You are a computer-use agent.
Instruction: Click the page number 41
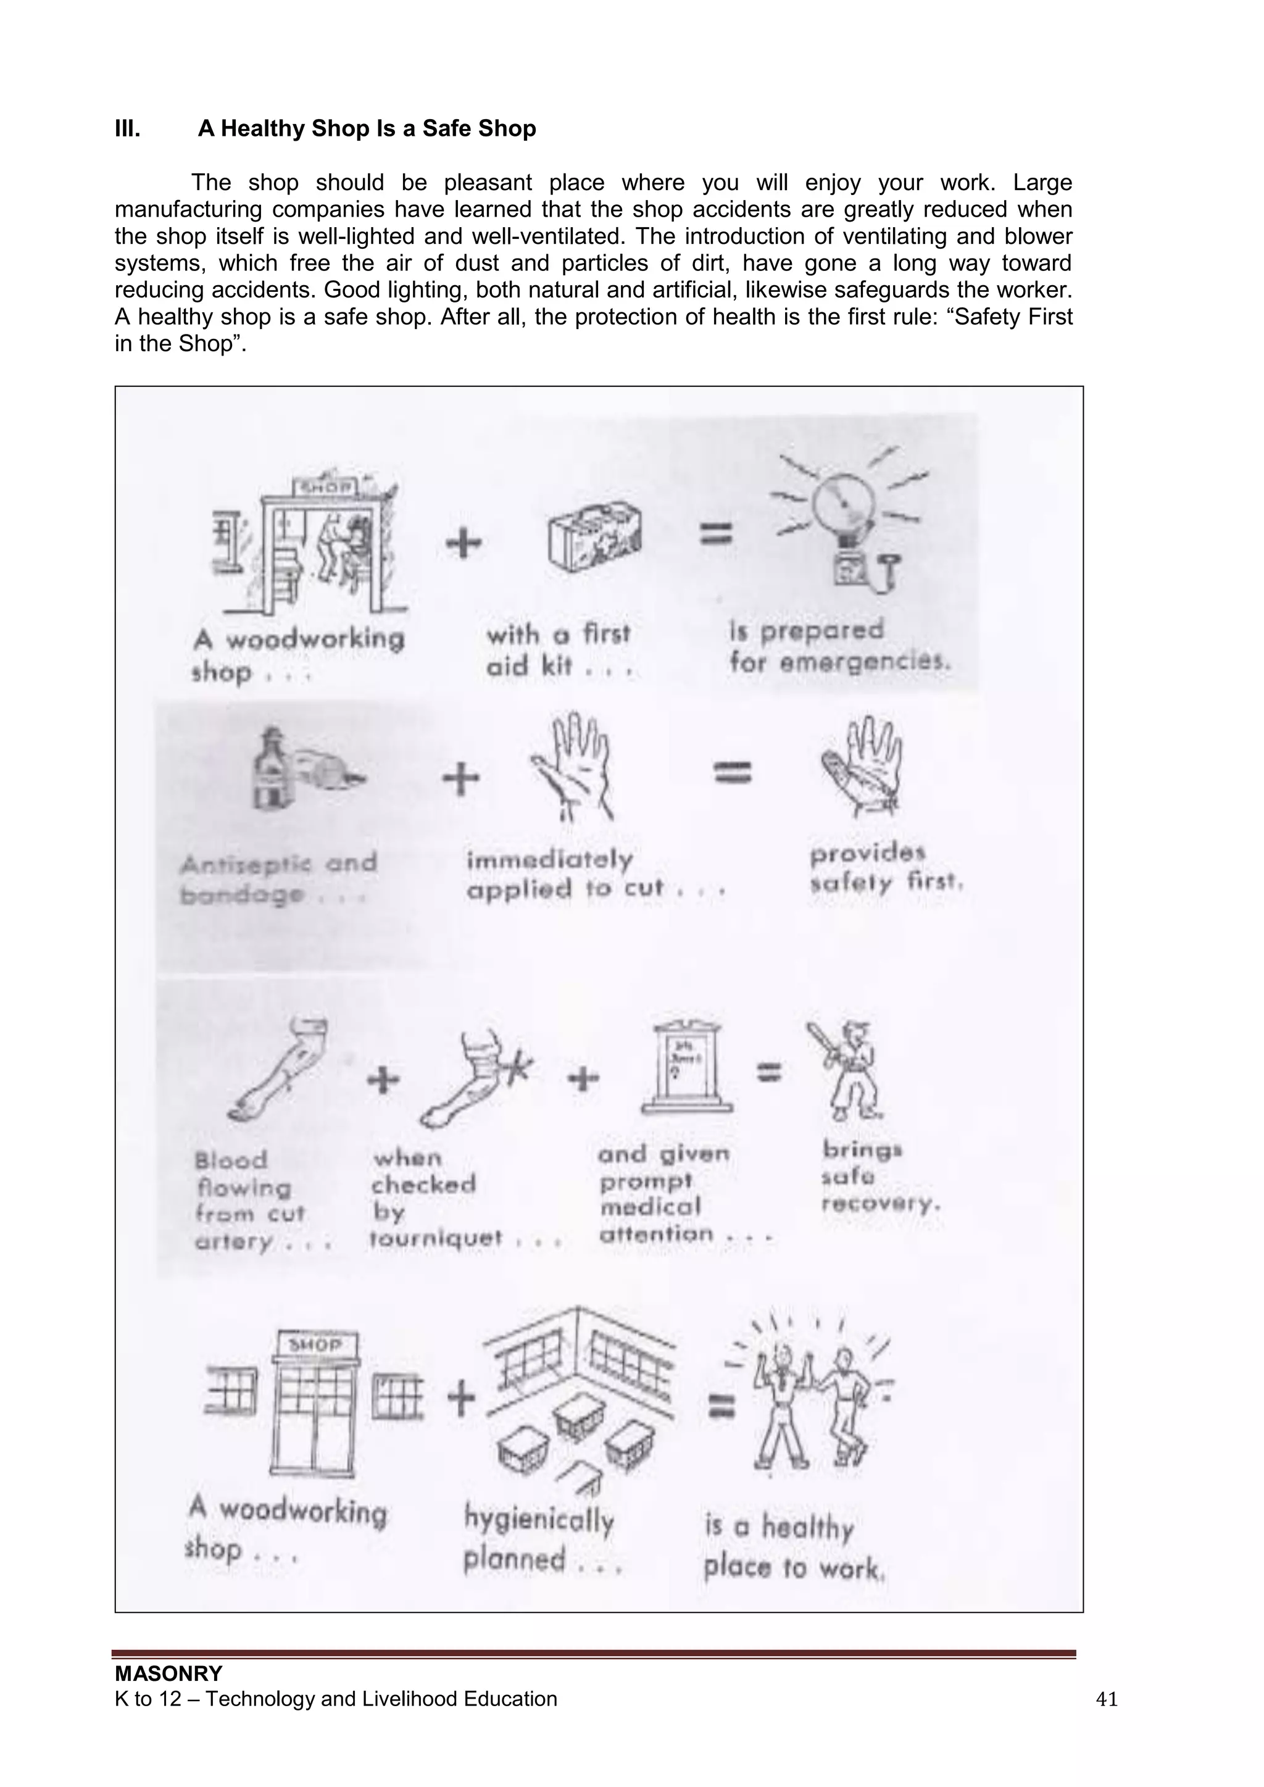pos(1106,1700)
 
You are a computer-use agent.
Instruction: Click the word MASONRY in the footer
pos(168,1673)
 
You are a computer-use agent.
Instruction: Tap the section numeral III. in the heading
pos(128,128)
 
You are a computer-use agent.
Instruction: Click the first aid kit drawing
pos(594,538)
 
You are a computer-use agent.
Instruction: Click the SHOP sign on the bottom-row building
pos(315,1345)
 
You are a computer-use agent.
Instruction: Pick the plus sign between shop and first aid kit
pos(464,543)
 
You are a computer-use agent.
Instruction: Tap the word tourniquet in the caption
pos(436,1238)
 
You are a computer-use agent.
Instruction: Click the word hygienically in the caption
pos(539,1518)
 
